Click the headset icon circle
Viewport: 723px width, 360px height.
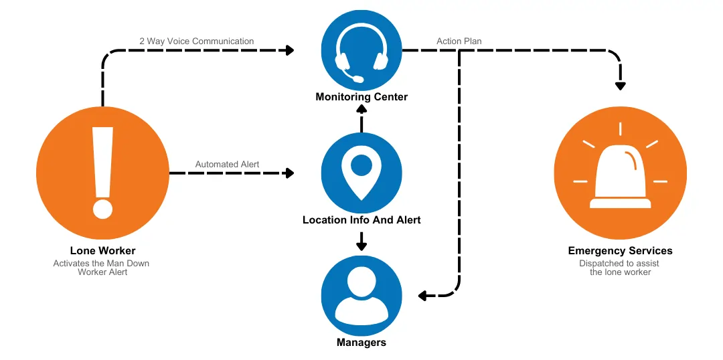[361, 49]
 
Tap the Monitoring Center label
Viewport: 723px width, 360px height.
[361, 97]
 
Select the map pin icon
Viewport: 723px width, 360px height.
[361, 172]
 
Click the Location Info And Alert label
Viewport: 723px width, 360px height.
[361, 219]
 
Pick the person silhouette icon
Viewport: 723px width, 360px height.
[361, 295]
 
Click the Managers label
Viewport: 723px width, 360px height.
[361, 343]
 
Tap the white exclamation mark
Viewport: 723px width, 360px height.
[102, 173]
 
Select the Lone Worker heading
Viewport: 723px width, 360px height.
[102, 251]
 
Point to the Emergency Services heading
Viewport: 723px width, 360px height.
[620, 251]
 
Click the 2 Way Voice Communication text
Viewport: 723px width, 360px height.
[197, 41]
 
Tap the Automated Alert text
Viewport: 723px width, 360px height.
[227, 165]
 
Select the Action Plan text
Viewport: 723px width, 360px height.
[459, 41]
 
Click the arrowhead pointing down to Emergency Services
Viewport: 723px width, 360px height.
[621, 85]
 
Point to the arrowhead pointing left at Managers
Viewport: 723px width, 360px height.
[423, 295]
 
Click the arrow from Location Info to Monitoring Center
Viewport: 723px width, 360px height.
[361, 120]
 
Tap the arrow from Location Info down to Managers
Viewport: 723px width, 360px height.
[361, 241]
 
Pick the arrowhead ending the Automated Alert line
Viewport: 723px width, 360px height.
[289, 173]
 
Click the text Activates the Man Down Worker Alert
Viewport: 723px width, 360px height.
[102, 268]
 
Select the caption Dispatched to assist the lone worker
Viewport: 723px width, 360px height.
[620, 268]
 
